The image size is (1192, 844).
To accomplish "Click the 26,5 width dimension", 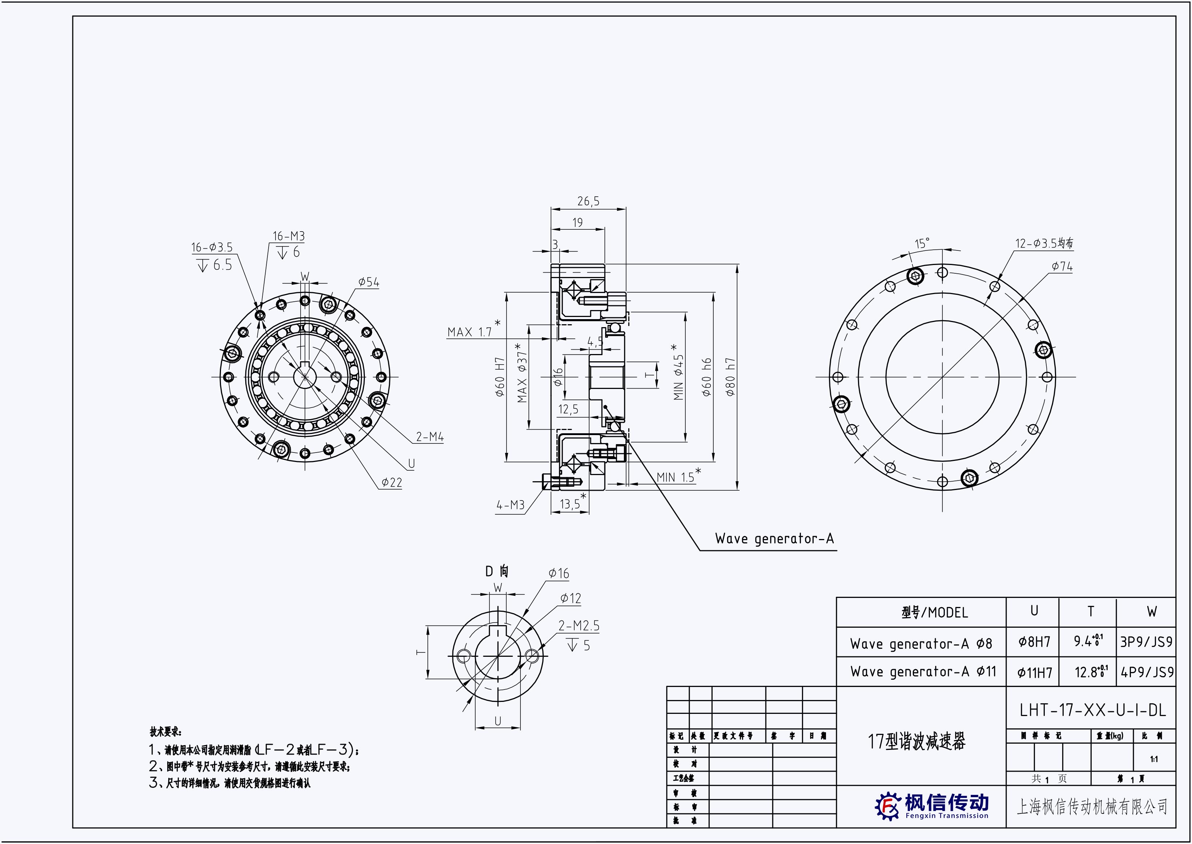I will (588, 201).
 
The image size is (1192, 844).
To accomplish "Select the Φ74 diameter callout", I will (1062, 266).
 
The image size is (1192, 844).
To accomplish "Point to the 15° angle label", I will (922, 243).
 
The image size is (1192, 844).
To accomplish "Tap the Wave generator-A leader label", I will (774, 538).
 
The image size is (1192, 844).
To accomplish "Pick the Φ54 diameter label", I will (369, 282).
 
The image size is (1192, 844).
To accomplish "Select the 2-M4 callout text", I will (430, 437).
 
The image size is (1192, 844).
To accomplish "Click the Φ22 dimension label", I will (391, 483).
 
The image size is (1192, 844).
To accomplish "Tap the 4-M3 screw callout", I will (510, 505).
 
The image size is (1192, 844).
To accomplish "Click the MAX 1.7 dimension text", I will (469, 331).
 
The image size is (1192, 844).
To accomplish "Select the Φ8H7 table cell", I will (1034, 642).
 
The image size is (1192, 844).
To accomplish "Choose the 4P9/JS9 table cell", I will (1147, 672).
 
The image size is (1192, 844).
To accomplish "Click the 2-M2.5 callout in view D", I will (579, 626).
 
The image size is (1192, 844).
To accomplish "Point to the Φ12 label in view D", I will (570, 599).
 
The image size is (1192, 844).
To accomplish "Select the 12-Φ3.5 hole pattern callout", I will (1044, 243).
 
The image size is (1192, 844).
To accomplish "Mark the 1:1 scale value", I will (1153, 759).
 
